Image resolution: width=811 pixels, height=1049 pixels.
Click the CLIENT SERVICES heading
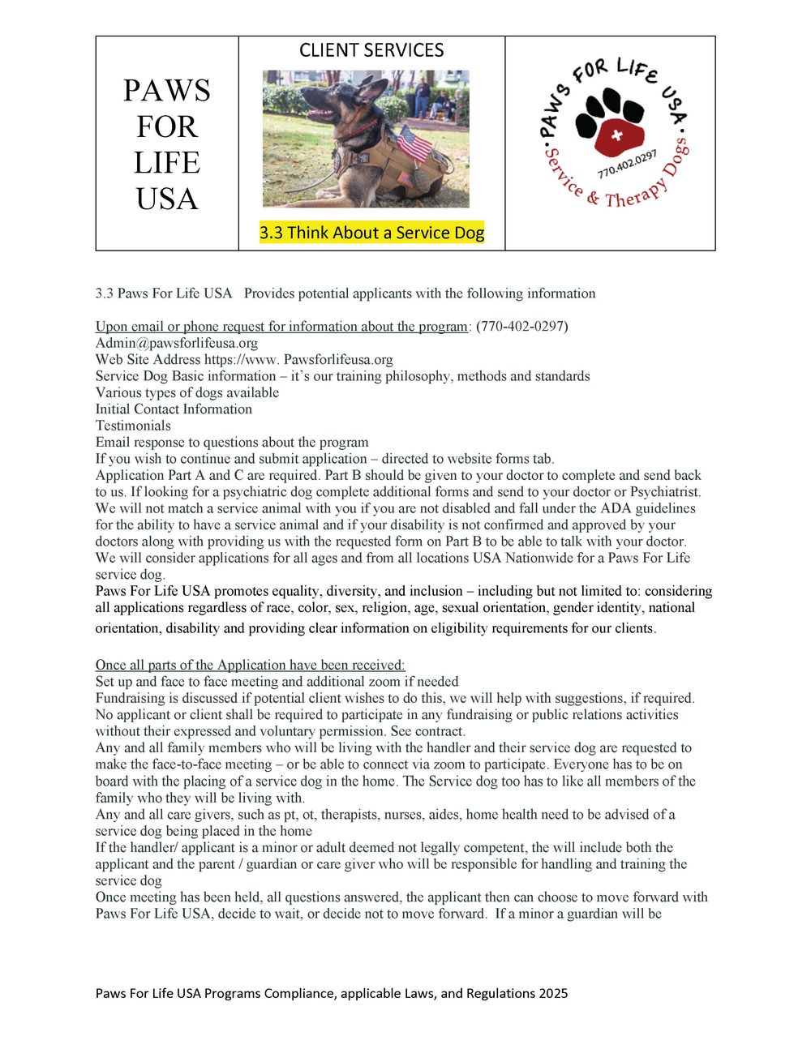coord(371,50)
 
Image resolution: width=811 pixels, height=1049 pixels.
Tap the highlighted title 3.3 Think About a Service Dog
coord(371,233)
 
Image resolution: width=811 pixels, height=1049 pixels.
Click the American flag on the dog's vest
coord(414,144)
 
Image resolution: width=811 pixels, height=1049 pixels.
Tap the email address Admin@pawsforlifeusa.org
coord(177,343)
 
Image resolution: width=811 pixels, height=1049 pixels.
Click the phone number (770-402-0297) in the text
coord(521,326)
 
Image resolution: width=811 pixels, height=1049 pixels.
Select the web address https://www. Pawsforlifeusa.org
coord(244,359)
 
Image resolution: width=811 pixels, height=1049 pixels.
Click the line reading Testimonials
coord(133,426)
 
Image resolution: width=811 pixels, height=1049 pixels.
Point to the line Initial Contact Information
coord(174,409)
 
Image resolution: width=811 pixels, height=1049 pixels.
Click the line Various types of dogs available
coord(187,392)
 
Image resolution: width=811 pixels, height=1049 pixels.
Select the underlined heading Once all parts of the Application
coord(250,665)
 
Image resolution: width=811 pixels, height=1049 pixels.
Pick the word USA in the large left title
coord(167,199)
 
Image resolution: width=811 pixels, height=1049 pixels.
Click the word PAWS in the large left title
coord(167,91)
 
